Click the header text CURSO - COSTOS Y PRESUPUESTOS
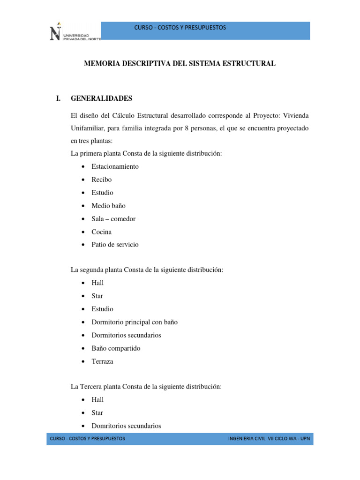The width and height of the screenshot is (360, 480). (x=180, y=28)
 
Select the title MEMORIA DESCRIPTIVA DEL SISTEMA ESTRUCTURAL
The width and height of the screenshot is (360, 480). (x=180, y=63)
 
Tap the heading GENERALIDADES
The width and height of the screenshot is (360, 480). (x=101, y=98)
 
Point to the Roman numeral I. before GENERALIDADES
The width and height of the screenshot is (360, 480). (x=58, y=98)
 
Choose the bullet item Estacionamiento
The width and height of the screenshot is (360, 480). (x=115, y=166)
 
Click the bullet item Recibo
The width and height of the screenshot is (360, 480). (x=102, y=180)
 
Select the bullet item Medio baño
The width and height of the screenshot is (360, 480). (x=108, y=206)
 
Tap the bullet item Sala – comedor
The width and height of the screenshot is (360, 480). (x=113, y=219)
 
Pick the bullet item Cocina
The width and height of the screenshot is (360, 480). (x=102, y=232)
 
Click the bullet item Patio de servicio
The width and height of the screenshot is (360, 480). (x=115, y=245)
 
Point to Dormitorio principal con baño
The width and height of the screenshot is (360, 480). (x=135, y=322)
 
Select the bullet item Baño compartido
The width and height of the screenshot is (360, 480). (x=116, y=348)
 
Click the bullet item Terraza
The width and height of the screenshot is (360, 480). (x=102, y=361)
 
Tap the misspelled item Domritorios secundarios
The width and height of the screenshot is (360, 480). (x=126, y=426)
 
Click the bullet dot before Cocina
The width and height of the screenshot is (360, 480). (x=82, y=232)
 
